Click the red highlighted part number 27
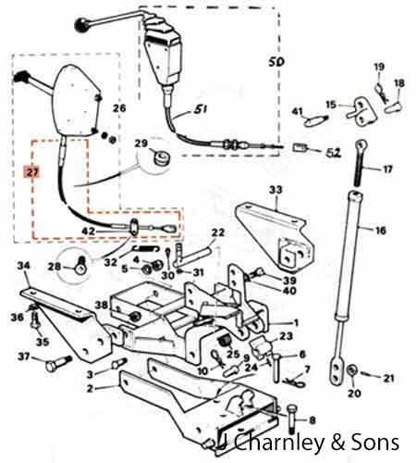32,173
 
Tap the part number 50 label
276,62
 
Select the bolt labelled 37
58,364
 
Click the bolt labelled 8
291,419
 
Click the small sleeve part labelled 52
299,148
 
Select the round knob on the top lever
80,24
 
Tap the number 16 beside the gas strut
380,231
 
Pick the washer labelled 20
352,370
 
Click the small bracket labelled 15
362,111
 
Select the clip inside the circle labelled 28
80,266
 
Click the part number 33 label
276,190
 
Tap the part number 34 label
23,266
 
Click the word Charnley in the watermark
279,444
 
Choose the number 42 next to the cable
88,231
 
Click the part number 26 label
119,107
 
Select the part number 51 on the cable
200,109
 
